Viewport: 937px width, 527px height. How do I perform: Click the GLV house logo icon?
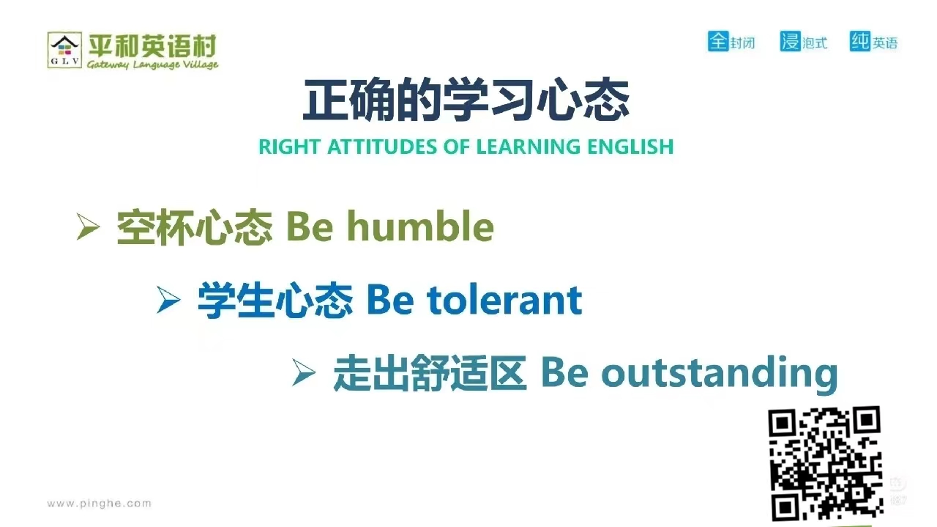pos(64,50)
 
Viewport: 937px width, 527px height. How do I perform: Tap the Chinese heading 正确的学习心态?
pos(466,100)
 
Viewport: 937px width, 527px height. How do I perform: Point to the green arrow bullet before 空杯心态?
pos(89,226)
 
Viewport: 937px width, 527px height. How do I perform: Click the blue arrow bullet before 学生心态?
pos(168,300)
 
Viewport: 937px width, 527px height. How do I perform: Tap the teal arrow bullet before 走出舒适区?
pos(304,372)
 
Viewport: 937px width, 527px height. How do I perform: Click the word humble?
pos(420,226)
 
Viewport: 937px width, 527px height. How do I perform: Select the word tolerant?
pos(504,300)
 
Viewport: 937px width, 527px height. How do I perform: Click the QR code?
pos(825,464)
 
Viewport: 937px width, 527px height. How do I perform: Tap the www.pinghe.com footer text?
pos(99,503)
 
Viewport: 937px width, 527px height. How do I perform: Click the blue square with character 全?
pos(718,41)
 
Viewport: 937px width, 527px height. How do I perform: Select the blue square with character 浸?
pos(791,41)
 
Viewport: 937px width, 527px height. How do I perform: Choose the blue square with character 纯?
pos(860,41)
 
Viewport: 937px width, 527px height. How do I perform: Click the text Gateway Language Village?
pos(153,64)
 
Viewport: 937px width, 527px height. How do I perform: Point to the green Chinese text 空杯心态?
pos(195,226)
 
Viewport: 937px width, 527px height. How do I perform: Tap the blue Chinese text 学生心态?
pos(275,300)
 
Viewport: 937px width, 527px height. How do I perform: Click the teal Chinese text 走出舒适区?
pos(430,372)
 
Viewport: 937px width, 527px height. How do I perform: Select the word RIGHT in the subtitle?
pos(289,147)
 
